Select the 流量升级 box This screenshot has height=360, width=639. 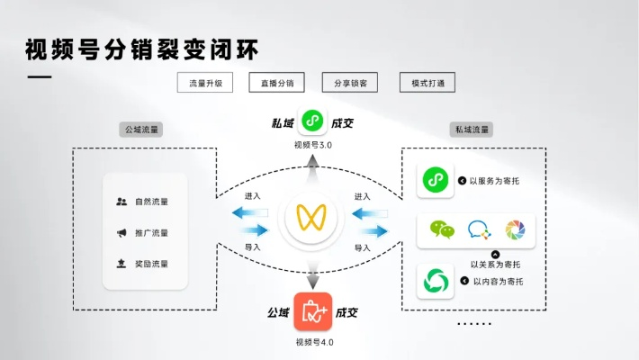(205, 83)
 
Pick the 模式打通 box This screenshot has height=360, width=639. (427, 83)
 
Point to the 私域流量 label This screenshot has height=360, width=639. (471, 130)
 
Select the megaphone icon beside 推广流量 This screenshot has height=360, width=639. (121, 233)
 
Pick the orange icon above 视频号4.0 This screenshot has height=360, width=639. (312, 311)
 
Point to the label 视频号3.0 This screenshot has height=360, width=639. (313, 145)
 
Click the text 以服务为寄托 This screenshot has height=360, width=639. (494, 181)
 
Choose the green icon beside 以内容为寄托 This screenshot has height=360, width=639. (437, 281)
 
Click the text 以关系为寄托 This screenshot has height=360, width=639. (495, 264)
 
